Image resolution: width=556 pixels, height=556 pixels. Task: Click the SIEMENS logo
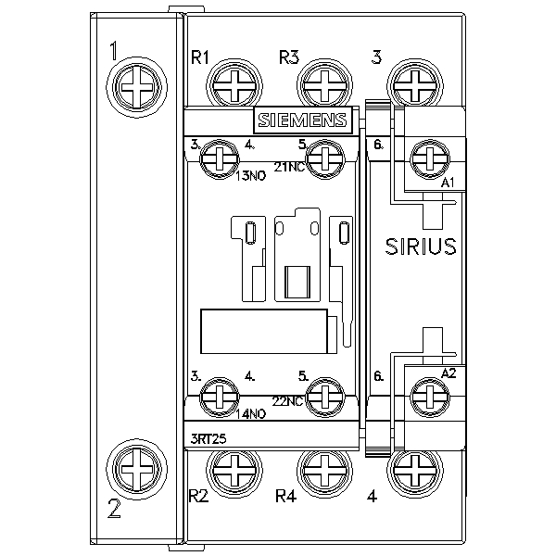[x=303, y=120]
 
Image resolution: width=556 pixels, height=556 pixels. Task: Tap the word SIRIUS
[x=421, y=246]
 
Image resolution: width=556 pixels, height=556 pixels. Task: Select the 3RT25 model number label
[x=208, y=439]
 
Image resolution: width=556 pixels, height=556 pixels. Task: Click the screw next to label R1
[x=234, y=87]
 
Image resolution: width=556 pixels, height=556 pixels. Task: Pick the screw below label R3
[x=324, y=87]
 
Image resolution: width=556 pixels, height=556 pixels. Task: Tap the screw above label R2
[x=234, y=471]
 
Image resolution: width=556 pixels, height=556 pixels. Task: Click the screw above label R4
[x=324, y=471]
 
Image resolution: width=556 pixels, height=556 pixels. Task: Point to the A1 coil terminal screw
[x=429, y=159]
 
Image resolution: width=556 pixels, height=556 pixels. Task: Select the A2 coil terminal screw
[x=429, y=397]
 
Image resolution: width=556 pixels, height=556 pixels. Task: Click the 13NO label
[x=251, y=176]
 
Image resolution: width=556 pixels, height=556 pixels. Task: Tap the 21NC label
[x=289, y=167]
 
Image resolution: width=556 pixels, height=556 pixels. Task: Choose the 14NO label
[x=251, y=414]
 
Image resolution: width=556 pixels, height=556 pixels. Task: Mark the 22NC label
[x=287, y=401]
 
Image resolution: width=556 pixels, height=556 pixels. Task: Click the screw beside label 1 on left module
[x=137, y=87]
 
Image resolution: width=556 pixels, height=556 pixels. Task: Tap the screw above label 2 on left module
[x=137, y=470]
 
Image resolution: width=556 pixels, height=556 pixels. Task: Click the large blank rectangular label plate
[x=264, y=332]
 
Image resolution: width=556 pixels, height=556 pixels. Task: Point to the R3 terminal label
[x=289, y=57]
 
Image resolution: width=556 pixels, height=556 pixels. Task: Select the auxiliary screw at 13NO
[x=219, y=159]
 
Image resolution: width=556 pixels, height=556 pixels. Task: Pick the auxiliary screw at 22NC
[x=325, y=397]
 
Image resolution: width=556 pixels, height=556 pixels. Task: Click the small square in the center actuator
[x=297, y=283]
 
